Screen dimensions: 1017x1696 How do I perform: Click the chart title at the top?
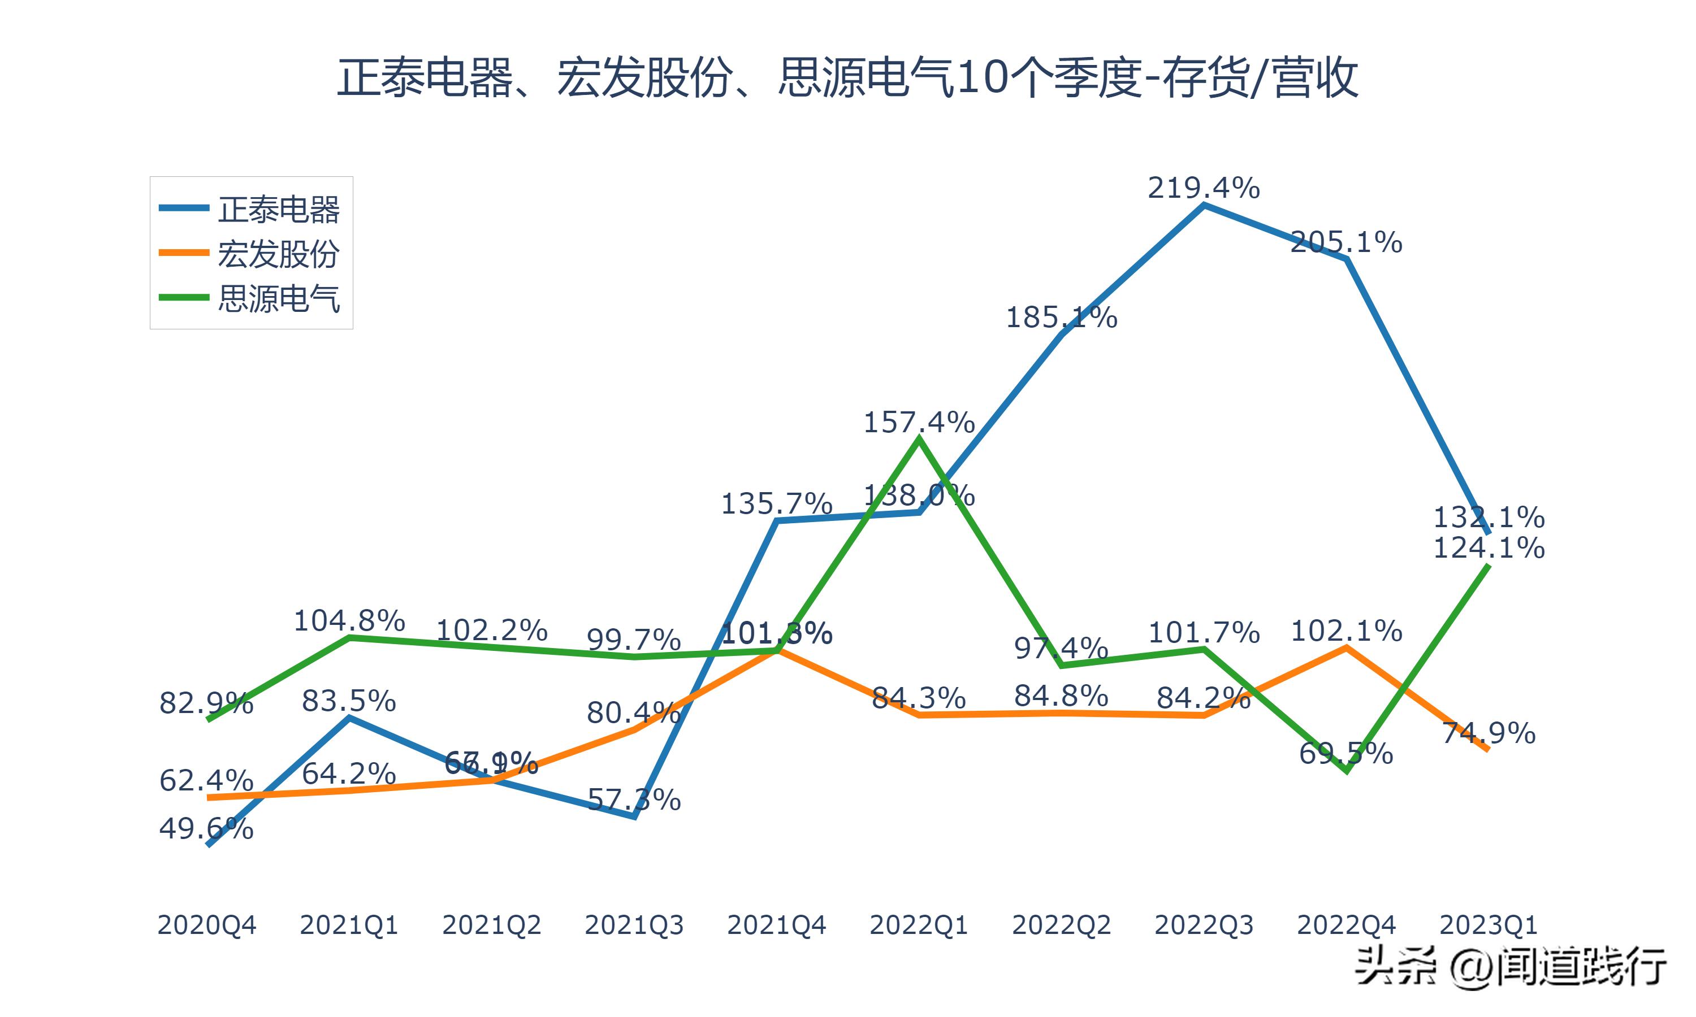[847, 77]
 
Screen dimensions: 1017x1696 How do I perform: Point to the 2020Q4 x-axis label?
[206, 925]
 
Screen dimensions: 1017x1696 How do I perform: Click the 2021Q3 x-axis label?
[634, 925]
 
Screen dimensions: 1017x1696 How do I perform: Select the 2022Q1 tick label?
[919, 925]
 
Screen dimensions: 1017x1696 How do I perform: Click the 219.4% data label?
[1204, 188]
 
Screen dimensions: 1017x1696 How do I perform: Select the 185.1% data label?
[1061, 318]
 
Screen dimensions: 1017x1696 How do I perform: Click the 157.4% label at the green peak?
[919, 422]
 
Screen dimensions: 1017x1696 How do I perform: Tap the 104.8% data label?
[349, 621]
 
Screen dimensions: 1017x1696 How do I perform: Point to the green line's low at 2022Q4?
[1347, 771]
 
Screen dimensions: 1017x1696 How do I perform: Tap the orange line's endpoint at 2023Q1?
[1487, 750]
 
